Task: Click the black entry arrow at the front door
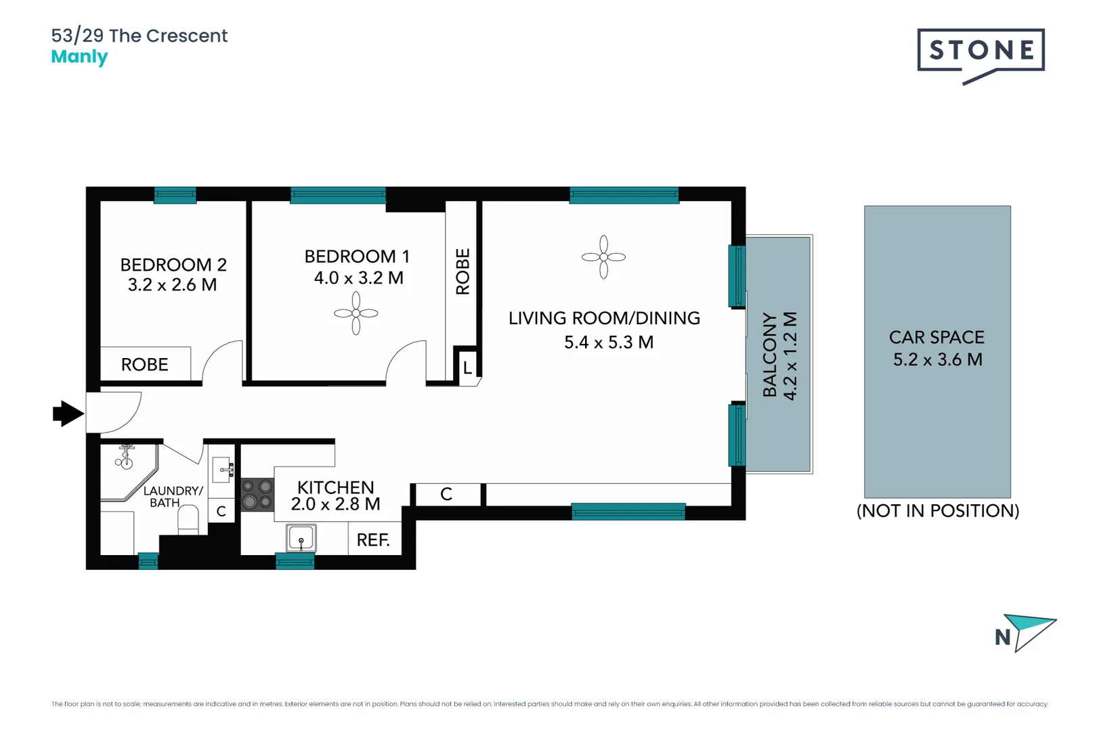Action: point(68,413)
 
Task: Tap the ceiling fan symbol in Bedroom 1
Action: point(356,313)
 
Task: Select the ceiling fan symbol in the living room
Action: point(603,257)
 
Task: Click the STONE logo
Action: point(981,51)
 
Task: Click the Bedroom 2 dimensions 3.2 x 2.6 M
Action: point(172,285)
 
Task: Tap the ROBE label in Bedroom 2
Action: point(144,365)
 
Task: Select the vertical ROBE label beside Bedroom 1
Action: point(463,271)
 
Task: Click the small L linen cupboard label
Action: point(467,368)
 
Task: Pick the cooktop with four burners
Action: point(257,494)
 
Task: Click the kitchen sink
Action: point(301,539)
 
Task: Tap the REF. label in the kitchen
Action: point(373,540)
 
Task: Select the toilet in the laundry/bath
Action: point(188,520)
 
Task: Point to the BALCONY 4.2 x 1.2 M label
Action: point(779,355)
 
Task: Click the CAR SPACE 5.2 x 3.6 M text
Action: point(937,348)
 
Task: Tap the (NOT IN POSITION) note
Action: point(937,510)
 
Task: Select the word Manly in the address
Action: point(79,57)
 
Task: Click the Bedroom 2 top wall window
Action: point(175,196)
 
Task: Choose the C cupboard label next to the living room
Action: point(446,494)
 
